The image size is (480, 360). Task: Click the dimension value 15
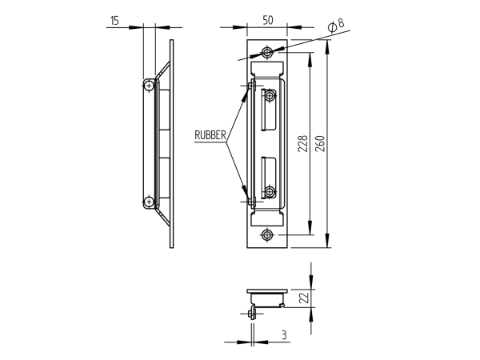click(115, 21)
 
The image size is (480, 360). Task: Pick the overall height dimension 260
click(319, 144)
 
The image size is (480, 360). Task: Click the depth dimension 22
click(305, 298)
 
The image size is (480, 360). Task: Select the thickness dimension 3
click(284, 335)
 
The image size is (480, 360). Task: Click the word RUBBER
click(210, 135)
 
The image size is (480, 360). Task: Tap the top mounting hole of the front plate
click(266, 53)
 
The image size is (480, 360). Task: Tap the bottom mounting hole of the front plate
click(266, 235)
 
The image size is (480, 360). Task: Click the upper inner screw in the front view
click(270, 96)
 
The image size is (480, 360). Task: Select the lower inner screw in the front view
click(270, 192)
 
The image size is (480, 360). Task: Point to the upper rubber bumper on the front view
click(251, 85)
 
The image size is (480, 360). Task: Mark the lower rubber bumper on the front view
click(251, 202)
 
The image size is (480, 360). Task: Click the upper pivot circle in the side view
click(149, 86)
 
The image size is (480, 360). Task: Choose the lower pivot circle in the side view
click(149, 202)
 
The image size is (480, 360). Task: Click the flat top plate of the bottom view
click(266, 290)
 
